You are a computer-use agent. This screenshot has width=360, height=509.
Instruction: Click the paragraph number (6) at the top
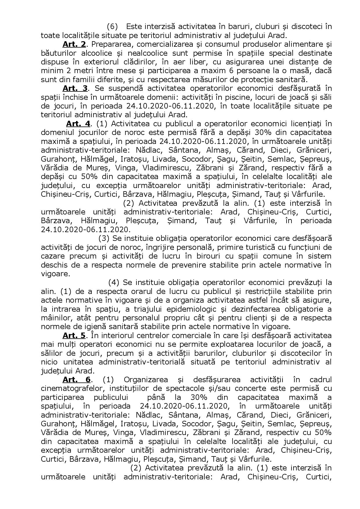tap(112, 27)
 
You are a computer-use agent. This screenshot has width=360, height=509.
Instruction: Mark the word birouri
tap(197, 256)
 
